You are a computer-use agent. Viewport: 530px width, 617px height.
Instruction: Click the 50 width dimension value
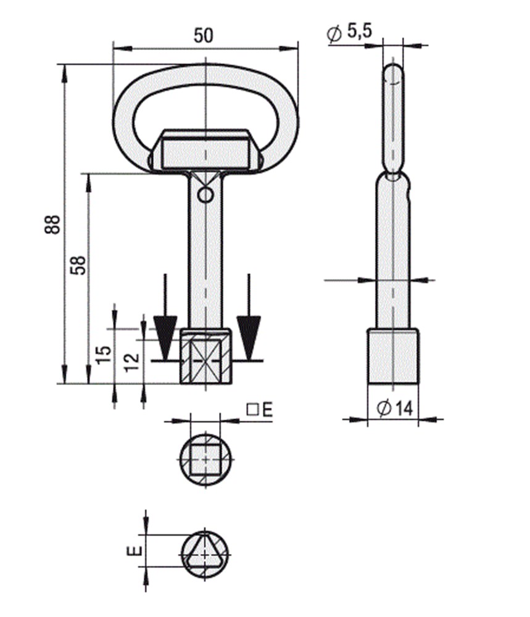pos(204,35)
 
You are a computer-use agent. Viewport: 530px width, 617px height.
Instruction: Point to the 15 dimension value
pos(104,353)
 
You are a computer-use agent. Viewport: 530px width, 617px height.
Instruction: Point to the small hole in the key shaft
pos(204,196)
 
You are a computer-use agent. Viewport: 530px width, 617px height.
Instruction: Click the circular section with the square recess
pos(205,458)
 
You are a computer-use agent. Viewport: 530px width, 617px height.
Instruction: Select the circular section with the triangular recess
pos(205,553)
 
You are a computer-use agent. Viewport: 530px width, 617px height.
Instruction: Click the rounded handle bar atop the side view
pos(394,117)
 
